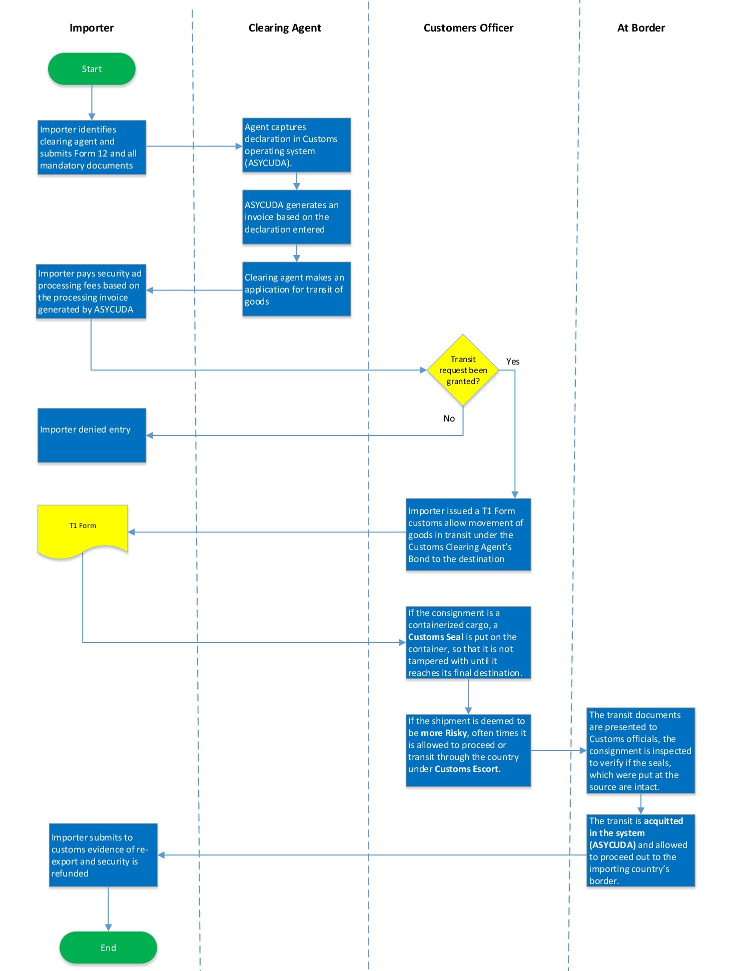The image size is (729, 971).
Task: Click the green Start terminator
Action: point(92,69)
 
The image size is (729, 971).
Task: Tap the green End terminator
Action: point(108,947)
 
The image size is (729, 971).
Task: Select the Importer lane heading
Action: point(92,28)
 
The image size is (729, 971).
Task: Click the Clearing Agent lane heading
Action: point(285,28)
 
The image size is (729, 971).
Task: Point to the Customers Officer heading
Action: point(468,28)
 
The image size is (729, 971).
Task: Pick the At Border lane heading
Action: point(641,28)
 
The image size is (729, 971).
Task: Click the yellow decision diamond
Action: point(463,370)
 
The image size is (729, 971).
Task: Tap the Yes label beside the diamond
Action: point(513,361)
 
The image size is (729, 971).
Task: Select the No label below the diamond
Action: point(449,418)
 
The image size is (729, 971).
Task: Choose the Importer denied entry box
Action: point(92,435)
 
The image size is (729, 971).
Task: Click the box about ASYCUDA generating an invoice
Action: point(296,217)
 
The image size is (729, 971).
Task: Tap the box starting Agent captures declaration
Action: point(296,145)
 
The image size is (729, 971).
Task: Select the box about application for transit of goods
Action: point(296,289)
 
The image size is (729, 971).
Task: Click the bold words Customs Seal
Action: point(436,637)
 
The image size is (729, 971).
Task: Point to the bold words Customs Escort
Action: point(467,769)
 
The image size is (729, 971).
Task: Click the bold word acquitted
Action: point(663,821)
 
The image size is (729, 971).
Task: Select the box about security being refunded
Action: point(103,855)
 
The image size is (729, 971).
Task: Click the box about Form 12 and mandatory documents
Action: point(92,147)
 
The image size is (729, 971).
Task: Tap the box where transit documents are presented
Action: point(640,750)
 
